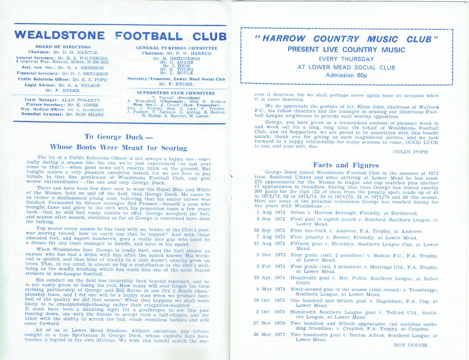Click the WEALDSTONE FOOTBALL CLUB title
[120, 36]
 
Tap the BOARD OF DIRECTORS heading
[63, 47]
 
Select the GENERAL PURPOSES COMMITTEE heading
[176, 48]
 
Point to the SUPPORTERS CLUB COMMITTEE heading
[176, 93]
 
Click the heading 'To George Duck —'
[118, 136]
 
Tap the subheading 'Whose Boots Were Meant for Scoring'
[118, 147]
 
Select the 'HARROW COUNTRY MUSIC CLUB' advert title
[346, 39]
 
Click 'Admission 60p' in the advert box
[346, 76]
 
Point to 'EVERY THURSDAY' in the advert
[346, 59]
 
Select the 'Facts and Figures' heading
[346, 165]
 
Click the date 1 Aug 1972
[271, 213]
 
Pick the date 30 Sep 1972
[271, 230]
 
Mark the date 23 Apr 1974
[271, 278]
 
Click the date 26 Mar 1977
[271, 335]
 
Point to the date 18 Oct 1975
[271, 301]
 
